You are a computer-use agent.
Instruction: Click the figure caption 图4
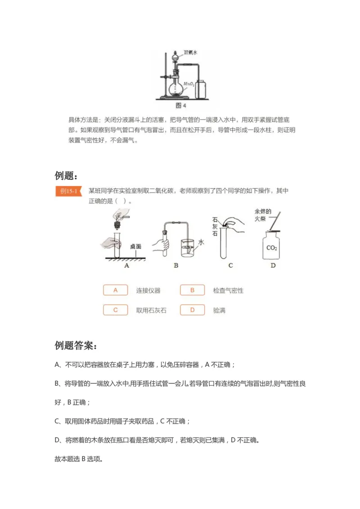point(180,106)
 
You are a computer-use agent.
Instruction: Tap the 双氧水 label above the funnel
point(191,53)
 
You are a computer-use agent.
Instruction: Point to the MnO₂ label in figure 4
point(189,84)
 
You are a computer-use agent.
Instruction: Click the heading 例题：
point(69,175)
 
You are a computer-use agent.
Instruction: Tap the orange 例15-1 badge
point(69,191)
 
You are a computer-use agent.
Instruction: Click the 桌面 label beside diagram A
point(136,246)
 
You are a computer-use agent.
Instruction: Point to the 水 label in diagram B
point(201,242)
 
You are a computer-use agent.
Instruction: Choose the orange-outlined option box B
point(192,290)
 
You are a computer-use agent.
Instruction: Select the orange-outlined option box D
point(192,310)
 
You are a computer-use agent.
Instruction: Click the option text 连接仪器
point(148,290)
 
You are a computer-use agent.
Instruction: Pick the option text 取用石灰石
point(151,310)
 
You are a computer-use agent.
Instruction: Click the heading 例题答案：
point(75,346)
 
